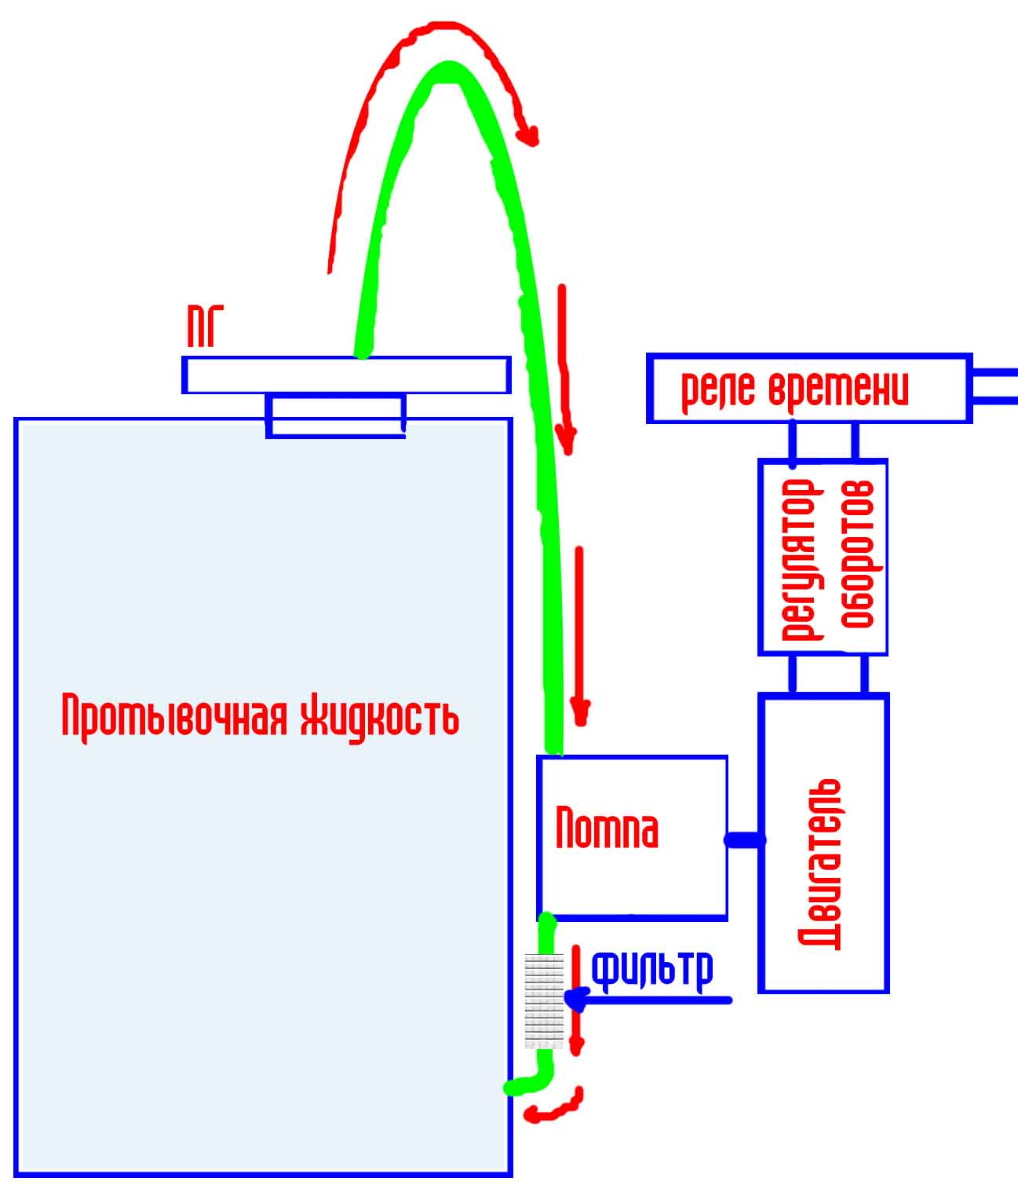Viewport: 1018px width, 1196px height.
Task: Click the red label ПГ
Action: point(206,327)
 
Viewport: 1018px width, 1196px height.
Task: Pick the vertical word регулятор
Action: point(801,560)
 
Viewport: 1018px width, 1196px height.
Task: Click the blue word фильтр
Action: point(652,971)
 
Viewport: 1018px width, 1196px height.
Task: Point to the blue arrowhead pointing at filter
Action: point(575,999)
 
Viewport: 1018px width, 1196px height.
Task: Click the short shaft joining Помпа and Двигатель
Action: point(744,840)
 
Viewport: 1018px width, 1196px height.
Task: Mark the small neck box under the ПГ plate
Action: point(335,416)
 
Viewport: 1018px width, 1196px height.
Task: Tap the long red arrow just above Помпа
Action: point(579,635)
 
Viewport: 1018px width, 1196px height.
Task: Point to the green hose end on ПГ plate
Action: point(363,349)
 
